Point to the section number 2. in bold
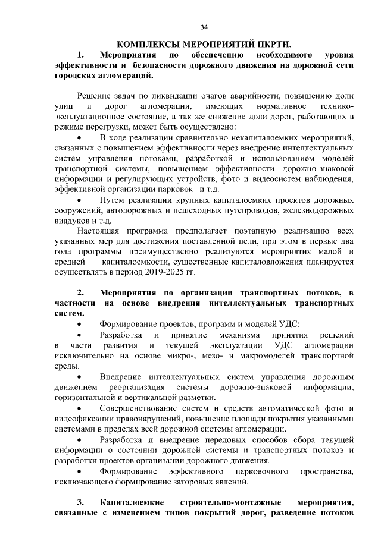[x=82, y=293]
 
